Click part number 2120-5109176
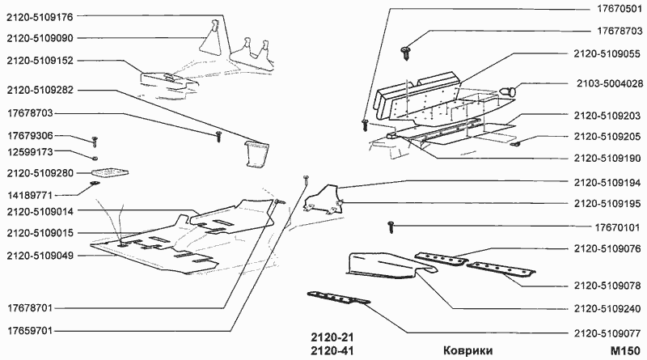coord(40,17)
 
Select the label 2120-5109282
coord(40,90)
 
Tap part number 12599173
coord(31,152)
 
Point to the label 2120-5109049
coord(40,256)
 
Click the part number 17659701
coord(30,331)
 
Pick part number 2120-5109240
coord(607,309)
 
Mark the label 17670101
coord(617,227)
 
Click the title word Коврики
coord(468,351)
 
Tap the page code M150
coord(626,351)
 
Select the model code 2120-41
coord(332,351)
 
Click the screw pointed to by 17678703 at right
coord(405,53)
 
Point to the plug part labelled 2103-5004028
coord(509,90)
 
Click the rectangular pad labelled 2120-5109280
coord(109,172)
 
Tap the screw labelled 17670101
coord(391,227)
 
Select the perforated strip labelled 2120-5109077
coord(338,298)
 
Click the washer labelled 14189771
coord(95,183)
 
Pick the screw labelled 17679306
coord(95,141)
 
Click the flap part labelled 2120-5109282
coord(256,154)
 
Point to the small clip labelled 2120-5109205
coord(514,143)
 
